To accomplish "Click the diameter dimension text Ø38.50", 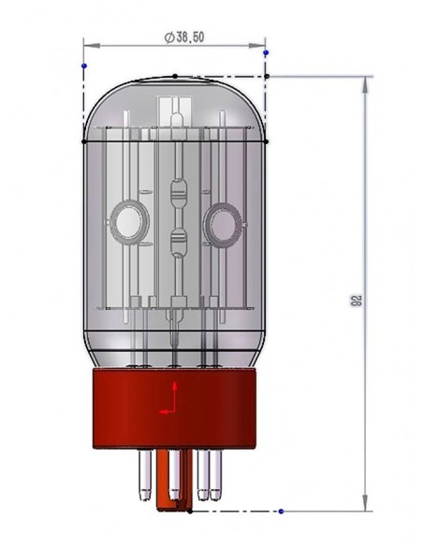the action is pyautogui.click(x=184, y=37).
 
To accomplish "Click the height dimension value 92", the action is pyautogui.click(x=356, y=300).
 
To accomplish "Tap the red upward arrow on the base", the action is pyautogui.click(x=174, y=395).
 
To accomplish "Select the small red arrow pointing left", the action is pyautogui.click(x=167, y=411).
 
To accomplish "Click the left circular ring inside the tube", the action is pyautogui.click(x=130, y=222).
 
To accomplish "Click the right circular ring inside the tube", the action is pyautogui.click(x=223, y=223).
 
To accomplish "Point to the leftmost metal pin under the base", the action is pyautogui.click(x=145, y=475).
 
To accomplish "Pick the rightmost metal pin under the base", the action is pyautogui.click(x=215, y=475).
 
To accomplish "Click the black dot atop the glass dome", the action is pyautogui.click(x=175, y=76).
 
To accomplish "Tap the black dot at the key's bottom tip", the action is pyautogui.click(x=190, y=511).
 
